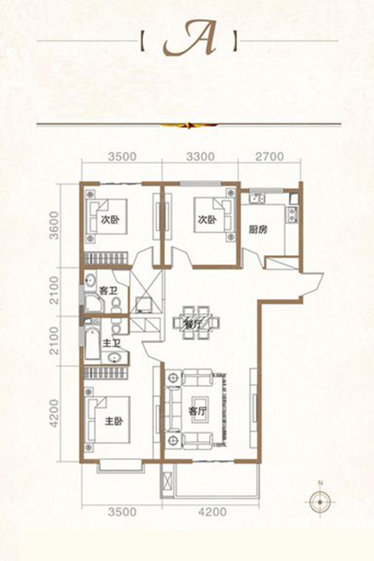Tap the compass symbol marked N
pos(320,501)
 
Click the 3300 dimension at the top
pos(199,156)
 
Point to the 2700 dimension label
pos(269,156)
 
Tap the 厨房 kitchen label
pos(258,229)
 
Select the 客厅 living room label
pos(198,411)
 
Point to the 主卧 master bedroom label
pos(114,421)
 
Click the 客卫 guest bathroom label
pos(108,290)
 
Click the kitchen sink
pos(257,198)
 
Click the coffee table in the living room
pos(198,410)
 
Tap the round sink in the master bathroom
pos(115,357)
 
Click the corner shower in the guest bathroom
pos(93,304)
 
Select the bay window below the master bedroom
pos(120,465)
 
